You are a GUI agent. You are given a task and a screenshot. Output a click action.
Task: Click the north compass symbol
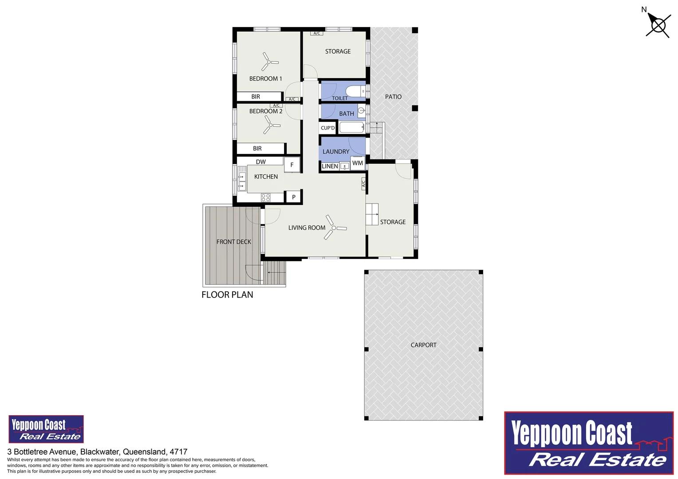[658, 25]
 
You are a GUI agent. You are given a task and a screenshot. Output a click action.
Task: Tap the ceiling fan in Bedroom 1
[269, 62]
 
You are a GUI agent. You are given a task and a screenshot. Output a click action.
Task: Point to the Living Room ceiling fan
[334, 228]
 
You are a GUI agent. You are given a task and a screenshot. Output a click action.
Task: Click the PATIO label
[393, 97]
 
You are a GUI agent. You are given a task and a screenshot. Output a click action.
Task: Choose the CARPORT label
[423, 345]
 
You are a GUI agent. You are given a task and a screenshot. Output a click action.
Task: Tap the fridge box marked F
[292, 165]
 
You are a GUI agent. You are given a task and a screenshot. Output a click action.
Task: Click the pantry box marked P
[293, 197]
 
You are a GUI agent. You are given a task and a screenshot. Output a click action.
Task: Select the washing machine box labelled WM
[358, 163]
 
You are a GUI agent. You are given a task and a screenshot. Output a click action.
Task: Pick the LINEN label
[330, 166]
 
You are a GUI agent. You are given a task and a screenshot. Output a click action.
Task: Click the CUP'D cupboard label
[328, 128]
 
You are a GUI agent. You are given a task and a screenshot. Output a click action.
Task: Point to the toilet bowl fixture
[355, 91]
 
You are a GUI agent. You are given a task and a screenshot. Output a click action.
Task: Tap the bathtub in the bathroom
[351, 128]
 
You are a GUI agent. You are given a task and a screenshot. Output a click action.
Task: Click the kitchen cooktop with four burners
[266, 197]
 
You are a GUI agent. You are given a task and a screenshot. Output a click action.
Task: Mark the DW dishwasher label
[261, 162]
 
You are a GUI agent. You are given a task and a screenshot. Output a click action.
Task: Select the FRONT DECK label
[234, 242]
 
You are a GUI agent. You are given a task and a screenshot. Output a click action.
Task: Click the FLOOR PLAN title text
[227, 295]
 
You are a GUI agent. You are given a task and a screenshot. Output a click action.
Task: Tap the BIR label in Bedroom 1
[256, 97]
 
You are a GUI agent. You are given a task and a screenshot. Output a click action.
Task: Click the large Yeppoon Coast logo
[589, 443]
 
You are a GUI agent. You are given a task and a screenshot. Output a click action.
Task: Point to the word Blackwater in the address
[99, 452]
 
